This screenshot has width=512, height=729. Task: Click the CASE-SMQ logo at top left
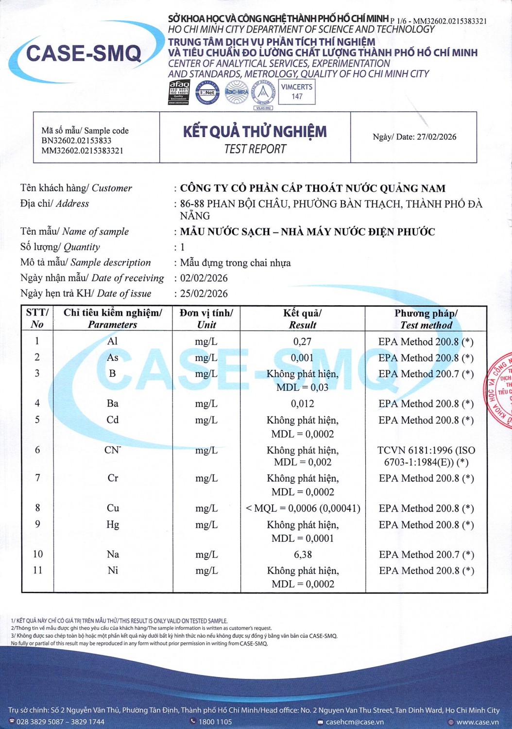coord(84,53)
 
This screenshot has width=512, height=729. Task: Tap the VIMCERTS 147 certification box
coord(297,91)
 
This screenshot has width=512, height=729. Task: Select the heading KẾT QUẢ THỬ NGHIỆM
coord(255,132)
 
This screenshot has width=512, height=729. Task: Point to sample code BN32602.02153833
coord(76,140)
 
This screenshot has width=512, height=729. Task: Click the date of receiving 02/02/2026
coord(204,278)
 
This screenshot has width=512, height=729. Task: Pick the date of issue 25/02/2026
coord(204,294)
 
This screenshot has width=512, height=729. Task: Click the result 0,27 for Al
coord(302,342)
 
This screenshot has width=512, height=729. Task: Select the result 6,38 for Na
coord(303,555)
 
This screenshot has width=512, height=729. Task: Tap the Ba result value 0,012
coord(302,403)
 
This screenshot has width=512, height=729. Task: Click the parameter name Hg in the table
coord(113,524)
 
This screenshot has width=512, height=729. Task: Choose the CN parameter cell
coord(112,450)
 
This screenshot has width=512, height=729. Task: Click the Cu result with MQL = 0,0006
coord(303,508)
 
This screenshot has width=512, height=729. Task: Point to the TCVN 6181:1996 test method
coord(426,456)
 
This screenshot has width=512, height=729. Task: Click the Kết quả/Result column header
coord(302,319)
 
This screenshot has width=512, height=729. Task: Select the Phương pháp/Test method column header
coord(426,319)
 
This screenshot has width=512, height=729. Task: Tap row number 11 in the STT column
coord(37,570)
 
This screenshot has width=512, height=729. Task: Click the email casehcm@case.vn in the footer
coord(354,722)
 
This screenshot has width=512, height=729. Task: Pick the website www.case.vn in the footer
coord(477,722)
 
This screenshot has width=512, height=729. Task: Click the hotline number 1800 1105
coord(215,722)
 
